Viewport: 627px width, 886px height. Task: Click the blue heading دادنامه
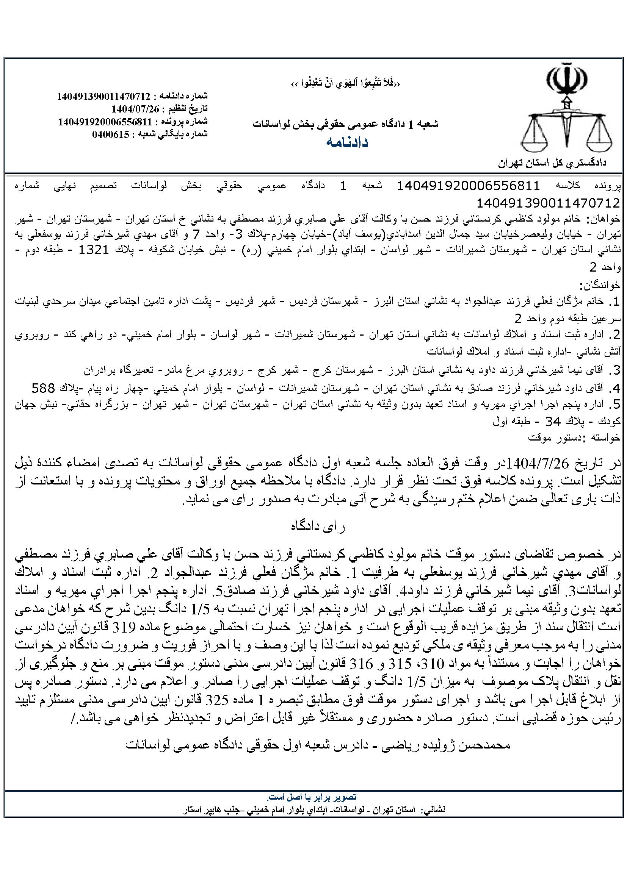[347, 142]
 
